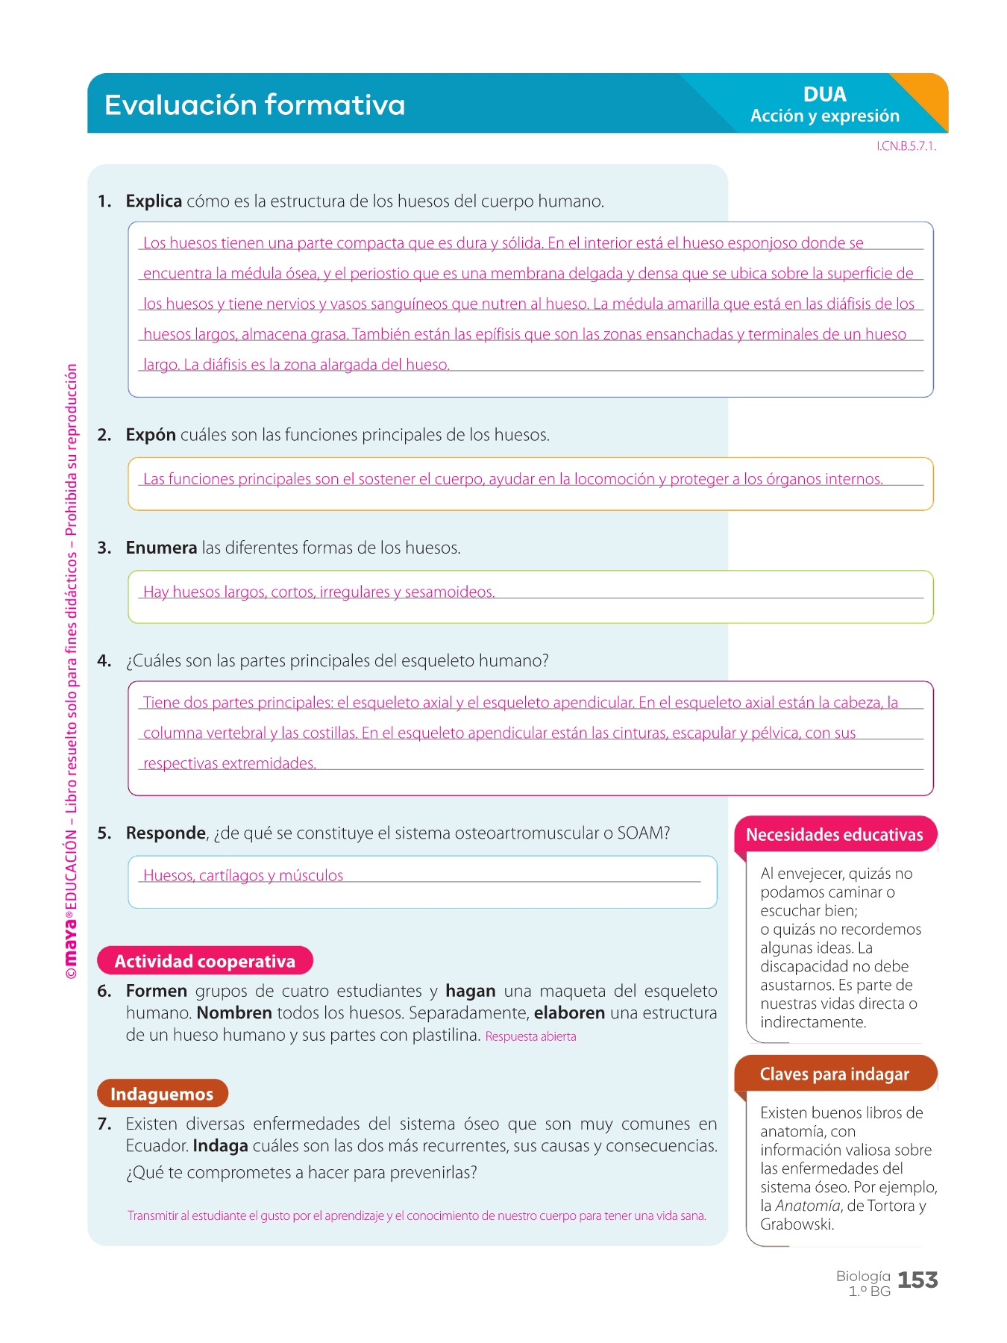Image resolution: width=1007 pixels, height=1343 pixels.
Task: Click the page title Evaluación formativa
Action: [254, 105]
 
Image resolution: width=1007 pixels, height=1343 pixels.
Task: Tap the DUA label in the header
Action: [824, 95]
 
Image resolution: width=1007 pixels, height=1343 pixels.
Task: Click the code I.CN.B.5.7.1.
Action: [906, 146]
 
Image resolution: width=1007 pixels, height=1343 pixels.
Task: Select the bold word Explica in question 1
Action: [154, 201]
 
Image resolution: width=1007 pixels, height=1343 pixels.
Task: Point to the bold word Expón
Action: [151, 435]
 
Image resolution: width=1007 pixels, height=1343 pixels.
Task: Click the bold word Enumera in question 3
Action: [161, 548]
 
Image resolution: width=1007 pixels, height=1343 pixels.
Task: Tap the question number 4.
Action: [104, 661]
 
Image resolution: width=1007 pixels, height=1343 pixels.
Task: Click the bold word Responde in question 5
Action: [166, 833]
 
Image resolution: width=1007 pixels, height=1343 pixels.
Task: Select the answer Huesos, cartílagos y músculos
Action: [243, 876]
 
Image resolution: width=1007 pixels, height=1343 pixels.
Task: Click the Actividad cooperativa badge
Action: [204, 961]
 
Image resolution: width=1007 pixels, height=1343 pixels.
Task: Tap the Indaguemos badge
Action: [162, 1094]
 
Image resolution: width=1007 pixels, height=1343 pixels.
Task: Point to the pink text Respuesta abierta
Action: [530, 1036]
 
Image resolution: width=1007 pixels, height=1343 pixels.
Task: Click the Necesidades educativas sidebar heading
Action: [835, 835]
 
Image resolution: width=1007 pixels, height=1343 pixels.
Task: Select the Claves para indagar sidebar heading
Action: [835, 1074]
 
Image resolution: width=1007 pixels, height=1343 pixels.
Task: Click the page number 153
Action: [917, 1280]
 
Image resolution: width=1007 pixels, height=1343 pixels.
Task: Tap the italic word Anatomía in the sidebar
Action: [807, 1206]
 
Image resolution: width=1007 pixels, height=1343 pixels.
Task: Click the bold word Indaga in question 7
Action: [220, 1146]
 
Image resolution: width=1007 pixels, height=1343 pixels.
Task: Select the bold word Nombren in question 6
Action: [234, 1013]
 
